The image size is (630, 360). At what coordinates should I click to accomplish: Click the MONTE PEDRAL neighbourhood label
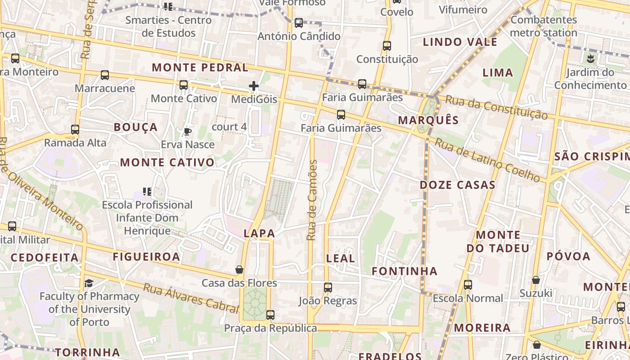pyautogui.click(x=200, y=68)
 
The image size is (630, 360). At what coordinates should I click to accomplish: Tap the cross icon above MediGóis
pyautogui.click(x=254, y=85)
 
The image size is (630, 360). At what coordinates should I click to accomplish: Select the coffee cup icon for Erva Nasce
pyautogui.click(x=188, y=131)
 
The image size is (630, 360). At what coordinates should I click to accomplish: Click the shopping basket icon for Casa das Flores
pyautogui.click(x=239, y=270)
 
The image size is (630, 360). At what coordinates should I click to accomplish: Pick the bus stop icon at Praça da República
pyautogui.click(x=270, y=315)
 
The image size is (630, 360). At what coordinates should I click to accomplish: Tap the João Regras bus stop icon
pyautogui.click(x=328, y=287)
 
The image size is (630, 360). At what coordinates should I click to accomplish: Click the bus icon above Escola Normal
pyautogui.click(x=468, y=284)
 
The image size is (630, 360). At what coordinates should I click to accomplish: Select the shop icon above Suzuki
pyautogui.click(x=535, y=280)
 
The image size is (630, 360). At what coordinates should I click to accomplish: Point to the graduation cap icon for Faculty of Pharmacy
pyautogui.click(x=89, y=283)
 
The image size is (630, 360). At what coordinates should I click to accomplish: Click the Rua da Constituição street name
pyautogui.click(x=496, y=108)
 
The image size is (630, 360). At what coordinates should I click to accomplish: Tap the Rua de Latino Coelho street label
pyautogui.click(x=487, y=160)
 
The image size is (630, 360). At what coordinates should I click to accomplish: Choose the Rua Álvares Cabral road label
pyautogui.click(x=191, y=298)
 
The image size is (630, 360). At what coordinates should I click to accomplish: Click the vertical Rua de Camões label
pyautogui.click(x=312, y=200)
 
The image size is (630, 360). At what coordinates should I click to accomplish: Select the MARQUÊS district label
pyautogui.click(x=428, y=120)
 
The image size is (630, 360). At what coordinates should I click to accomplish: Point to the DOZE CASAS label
pyautogui.click(x=458, y=185)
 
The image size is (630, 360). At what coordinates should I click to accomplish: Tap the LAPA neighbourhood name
pyautogui.click(x=259, y=233)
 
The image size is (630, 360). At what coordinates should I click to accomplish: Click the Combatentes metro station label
pyautogui.click(x=544, y=26)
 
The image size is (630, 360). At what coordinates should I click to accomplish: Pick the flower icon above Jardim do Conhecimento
pyautogui.click(x=590, y=58)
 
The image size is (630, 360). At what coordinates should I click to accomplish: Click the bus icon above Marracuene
pyautogui.click(x=105, y=75)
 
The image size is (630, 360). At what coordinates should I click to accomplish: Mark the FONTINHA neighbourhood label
pyautogui.click(x=405, y=271)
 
